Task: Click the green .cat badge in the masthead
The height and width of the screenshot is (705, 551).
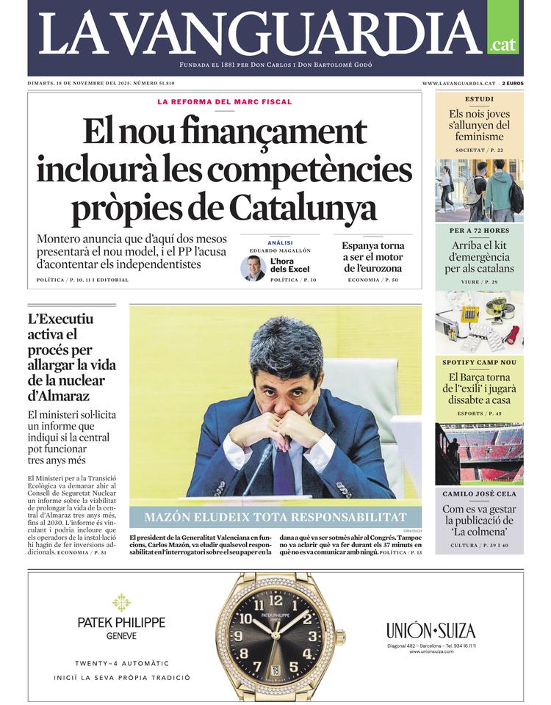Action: pos(503,44)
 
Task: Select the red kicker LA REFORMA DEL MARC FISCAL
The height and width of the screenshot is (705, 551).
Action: pos(224,102)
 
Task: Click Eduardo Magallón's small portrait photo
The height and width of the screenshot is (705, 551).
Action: pos(253,268)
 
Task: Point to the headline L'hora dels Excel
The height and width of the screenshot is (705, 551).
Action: pos(289,265)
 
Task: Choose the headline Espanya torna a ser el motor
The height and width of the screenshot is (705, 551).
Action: pos(373,257)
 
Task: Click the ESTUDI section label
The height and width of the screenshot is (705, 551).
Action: pos(479,99)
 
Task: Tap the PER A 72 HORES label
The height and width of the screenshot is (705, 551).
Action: pos(479,231)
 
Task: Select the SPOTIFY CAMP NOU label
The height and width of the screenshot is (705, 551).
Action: pos(479,363)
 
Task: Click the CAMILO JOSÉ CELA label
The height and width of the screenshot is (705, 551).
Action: pos(479,493)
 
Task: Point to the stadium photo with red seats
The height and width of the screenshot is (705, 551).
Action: pos(479,453)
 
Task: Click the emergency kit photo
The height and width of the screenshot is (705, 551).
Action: pos(479,322)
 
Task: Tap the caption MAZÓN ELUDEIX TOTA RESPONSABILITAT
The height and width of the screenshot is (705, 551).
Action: pos(275,517)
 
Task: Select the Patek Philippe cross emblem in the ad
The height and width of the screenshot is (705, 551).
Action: pos(121,602)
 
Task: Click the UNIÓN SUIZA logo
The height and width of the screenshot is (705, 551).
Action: pos(431,630)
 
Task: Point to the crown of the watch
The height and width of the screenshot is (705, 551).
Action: pos(340,637)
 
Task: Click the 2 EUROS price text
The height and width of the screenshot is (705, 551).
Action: pos(513,84)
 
